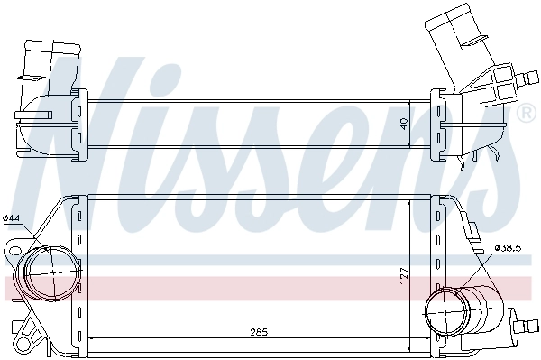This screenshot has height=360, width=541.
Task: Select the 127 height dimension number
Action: click(x=405, y=273)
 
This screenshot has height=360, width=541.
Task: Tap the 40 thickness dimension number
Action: click(x=405, y=120)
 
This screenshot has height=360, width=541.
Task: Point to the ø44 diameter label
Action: click(x=12, y=217)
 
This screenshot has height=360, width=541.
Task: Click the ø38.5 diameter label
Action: click(x=509, y=246)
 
